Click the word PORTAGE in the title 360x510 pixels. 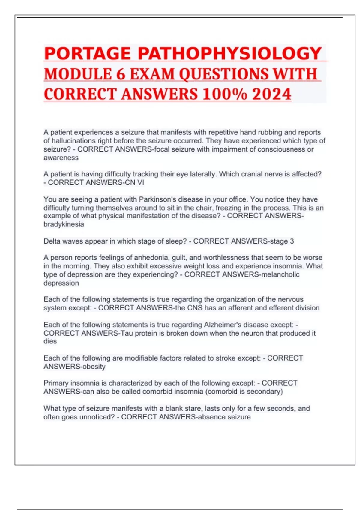point(87,54)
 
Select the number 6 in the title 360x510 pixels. point(121,74)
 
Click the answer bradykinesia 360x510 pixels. point(64,224)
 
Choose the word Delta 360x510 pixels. point(52,241)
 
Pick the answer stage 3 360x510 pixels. point(282,241)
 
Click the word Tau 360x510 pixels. point(127,333)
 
